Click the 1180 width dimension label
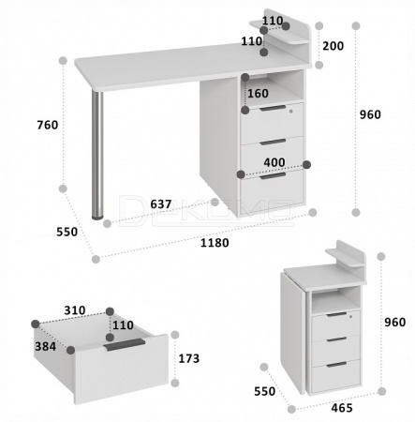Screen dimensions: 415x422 point(215,243)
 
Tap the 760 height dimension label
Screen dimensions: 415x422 point(48,125)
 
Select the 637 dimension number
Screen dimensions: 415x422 point(161,204)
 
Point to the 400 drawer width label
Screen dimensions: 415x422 point(274,162)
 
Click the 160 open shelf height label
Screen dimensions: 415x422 point(258,93)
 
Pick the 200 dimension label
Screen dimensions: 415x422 point(333,46)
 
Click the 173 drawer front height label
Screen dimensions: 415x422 point(189,358)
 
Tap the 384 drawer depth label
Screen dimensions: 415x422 point(45,346)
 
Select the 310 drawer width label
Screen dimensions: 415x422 point(75,310)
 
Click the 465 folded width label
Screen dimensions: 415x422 point(342,408)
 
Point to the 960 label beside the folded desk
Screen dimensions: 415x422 point(394,322)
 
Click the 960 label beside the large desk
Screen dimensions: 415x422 point(370,114)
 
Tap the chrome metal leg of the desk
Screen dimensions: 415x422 point(97,154)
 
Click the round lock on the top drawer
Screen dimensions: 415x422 point(291,111)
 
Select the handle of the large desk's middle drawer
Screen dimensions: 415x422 point(273,142)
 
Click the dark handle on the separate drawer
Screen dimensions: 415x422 point(126,344)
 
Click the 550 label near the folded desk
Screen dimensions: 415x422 point(264,391)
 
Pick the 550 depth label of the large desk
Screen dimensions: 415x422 point(67,232)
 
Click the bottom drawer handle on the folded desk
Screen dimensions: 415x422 point(336,365)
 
